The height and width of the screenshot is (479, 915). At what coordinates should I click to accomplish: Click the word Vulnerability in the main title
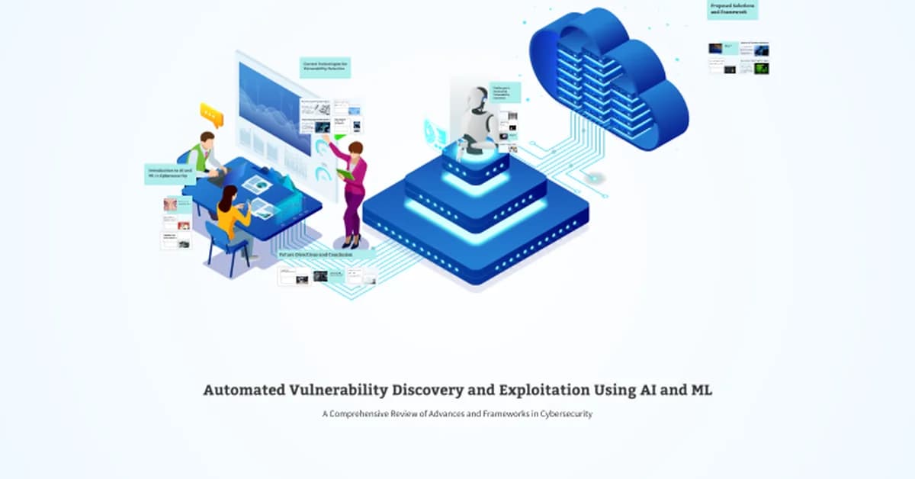(x=339, y=391)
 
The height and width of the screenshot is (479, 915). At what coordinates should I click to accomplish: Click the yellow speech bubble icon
(x=211, y=115)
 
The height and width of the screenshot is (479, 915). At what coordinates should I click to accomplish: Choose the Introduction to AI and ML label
(x=168, y=174)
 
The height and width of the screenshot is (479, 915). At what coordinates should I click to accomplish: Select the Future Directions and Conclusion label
(x=326, y=255)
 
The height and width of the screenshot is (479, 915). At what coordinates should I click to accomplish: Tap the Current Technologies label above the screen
(x=325, y=67)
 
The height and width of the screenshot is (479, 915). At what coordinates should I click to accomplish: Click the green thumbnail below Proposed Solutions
(x=761, y=68)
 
